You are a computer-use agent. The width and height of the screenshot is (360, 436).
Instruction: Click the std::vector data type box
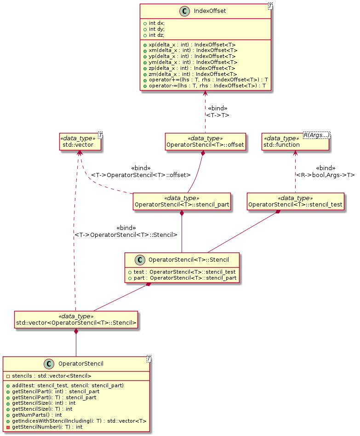pos(79,142)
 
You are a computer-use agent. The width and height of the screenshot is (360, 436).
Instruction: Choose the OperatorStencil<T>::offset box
pos(206,142)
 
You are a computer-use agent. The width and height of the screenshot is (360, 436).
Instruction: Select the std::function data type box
pos(295,142)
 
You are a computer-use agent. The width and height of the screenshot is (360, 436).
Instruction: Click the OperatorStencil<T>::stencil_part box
pos(182,201)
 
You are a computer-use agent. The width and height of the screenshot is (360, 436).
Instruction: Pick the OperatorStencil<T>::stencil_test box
pos(296,201)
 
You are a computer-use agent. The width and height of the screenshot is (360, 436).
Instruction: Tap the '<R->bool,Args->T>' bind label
pos(326,175)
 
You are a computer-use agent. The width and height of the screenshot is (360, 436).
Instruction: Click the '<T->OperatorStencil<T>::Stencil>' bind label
pos(126,235)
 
